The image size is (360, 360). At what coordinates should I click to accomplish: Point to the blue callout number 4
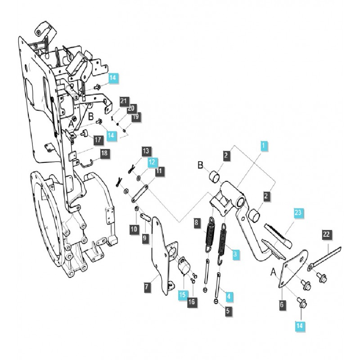229,296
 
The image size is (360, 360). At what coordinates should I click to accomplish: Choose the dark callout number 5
228,310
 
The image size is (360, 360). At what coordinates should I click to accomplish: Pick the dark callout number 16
191,301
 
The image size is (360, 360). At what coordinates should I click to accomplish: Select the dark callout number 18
104,154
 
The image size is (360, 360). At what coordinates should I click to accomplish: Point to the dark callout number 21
124,101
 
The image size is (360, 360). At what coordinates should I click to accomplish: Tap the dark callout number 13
146,150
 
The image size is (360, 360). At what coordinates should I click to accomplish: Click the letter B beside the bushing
200,165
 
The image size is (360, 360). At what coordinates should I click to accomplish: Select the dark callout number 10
134,229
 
